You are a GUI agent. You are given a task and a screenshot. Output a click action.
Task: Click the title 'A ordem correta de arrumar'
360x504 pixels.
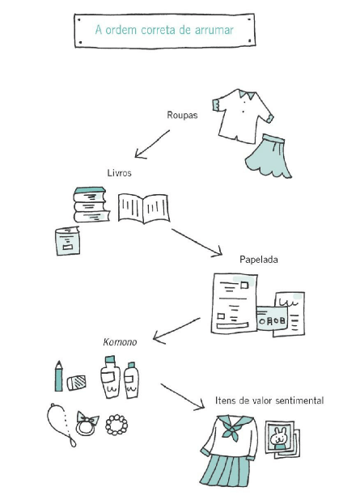[164, 30]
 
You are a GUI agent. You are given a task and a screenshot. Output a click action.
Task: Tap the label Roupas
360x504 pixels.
[182, 115]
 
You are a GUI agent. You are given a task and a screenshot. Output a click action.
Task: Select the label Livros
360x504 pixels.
[120, 172]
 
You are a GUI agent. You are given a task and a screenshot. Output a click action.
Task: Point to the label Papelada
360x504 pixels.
[259, 260]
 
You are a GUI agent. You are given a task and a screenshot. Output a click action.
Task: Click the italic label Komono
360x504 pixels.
[121, 341]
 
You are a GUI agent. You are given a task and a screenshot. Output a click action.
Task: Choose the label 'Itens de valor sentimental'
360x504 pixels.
[269, 400]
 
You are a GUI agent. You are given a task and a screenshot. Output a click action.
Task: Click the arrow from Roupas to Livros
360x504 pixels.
[152, 144]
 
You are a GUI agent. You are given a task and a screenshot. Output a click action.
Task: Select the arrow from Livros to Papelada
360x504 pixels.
[197, 243]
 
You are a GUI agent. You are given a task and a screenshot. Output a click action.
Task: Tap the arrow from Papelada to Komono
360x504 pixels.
[176, 331]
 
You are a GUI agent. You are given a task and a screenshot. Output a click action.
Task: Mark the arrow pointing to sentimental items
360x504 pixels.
[183, 397]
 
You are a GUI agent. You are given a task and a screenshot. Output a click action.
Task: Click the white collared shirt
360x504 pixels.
[243, 116]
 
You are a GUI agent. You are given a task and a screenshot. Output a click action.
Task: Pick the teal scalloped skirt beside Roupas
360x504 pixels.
[269, 156]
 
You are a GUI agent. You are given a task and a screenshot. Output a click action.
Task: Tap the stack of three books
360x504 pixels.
[91, 205]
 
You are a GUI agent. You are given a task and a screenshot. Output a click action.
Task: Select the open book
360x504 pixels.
[144, 208]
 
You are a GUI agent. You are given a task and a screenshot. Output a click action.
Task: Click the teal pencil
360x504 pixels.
[58, 376]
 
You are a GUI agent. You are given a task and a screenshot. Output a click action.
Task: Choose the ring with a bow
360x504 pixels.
[87, 424]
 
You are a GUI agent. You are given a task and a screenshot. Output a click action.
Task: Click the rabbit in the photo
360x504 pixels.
[278, 438]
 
